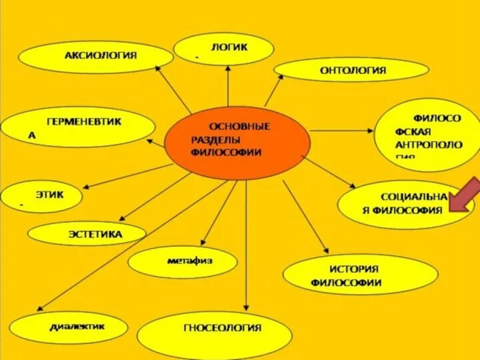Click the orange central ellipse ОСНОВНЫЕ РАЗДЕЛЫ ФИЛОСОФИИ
238,145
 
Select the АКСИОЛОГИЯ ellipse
95,57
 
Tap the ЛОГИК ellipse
223,49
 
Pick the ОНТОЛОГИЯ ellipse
351,70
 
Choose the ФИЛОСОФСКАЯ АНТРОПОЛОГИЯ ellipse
419,135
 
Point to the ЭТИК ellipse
41,196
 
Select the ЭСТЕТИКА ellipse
87,233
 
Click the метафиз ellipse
182,261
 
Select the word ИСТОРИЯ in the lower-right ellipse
354,269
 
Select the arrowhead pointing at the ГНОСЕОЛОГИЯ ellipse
247,308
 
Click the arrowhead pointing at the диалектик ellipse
39,307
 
